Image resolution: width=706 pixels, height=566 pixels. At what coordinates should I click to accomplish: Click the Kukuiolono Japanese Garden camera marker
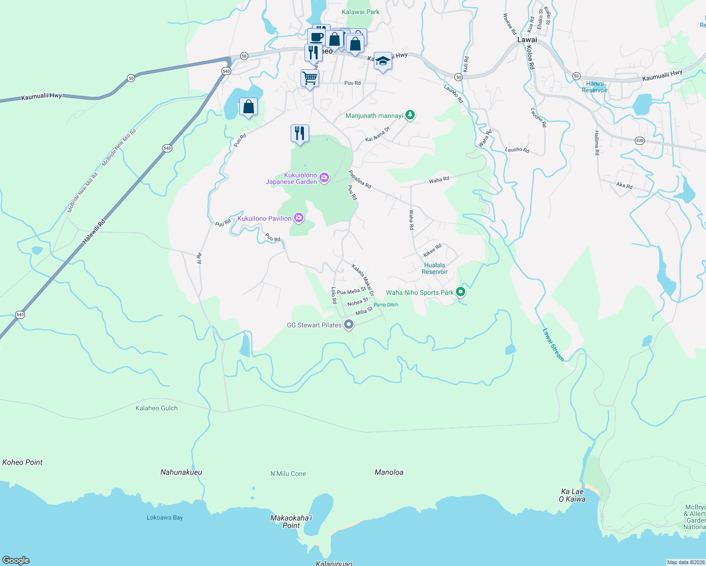[324, 178]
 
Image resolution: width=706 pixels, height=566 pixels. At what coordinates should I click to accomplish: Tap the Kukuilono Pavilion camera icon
[298, 218]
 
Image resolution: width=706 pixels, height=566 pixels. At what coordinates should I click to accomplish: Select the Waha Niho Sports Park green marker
[461, 292]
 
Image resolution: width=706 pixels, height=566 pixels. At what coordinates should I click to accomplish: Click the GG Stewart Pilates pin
[349, 325]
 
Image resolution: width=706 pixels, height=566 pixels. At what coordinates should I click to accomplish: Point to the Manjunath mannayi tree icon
[411, 115]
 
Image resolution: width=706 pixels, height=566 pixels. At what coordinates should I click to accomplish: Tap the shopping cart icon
[310, 78]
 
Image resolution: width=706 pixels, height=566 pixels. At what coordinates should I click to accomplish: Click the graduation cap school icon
[383, 61]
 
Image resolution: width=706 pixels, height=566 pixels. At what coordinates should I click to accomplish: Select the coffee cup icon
[317, 36]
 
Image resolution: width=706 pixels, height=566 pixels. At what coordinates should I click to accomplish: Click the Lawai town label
[527, 40]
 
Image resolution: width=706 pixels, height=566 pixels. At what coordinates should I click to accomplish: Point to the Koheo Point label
[22, 462]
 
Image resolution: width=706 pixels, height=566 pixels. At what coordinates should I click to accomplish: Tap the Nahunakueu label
[181, 472]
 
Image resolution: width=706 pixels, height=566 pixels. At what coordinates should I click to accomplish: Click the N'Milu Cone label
[288, 474]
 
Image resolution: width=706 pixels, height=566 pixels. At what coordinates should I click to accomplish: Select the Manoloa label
[389, 472]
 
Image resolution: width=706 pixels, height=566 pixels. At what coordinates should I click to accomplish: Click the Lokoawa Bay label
[165, 517]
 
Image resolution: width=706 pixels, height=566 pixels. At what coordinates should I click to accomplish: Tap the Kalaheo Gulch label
[157, 408]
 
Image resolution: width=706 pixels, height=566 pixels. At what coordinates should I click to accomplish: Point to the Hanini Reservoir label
[595, 87]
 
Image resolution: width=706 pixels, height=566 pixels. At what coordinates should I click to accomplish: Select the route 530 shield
[639, 141]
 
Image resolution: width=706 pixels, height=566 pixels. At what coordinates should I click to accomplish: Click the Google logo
[16, 560]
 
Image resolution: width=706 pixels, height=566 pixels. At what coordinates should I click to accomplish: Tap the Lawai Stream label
[553, 345]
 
